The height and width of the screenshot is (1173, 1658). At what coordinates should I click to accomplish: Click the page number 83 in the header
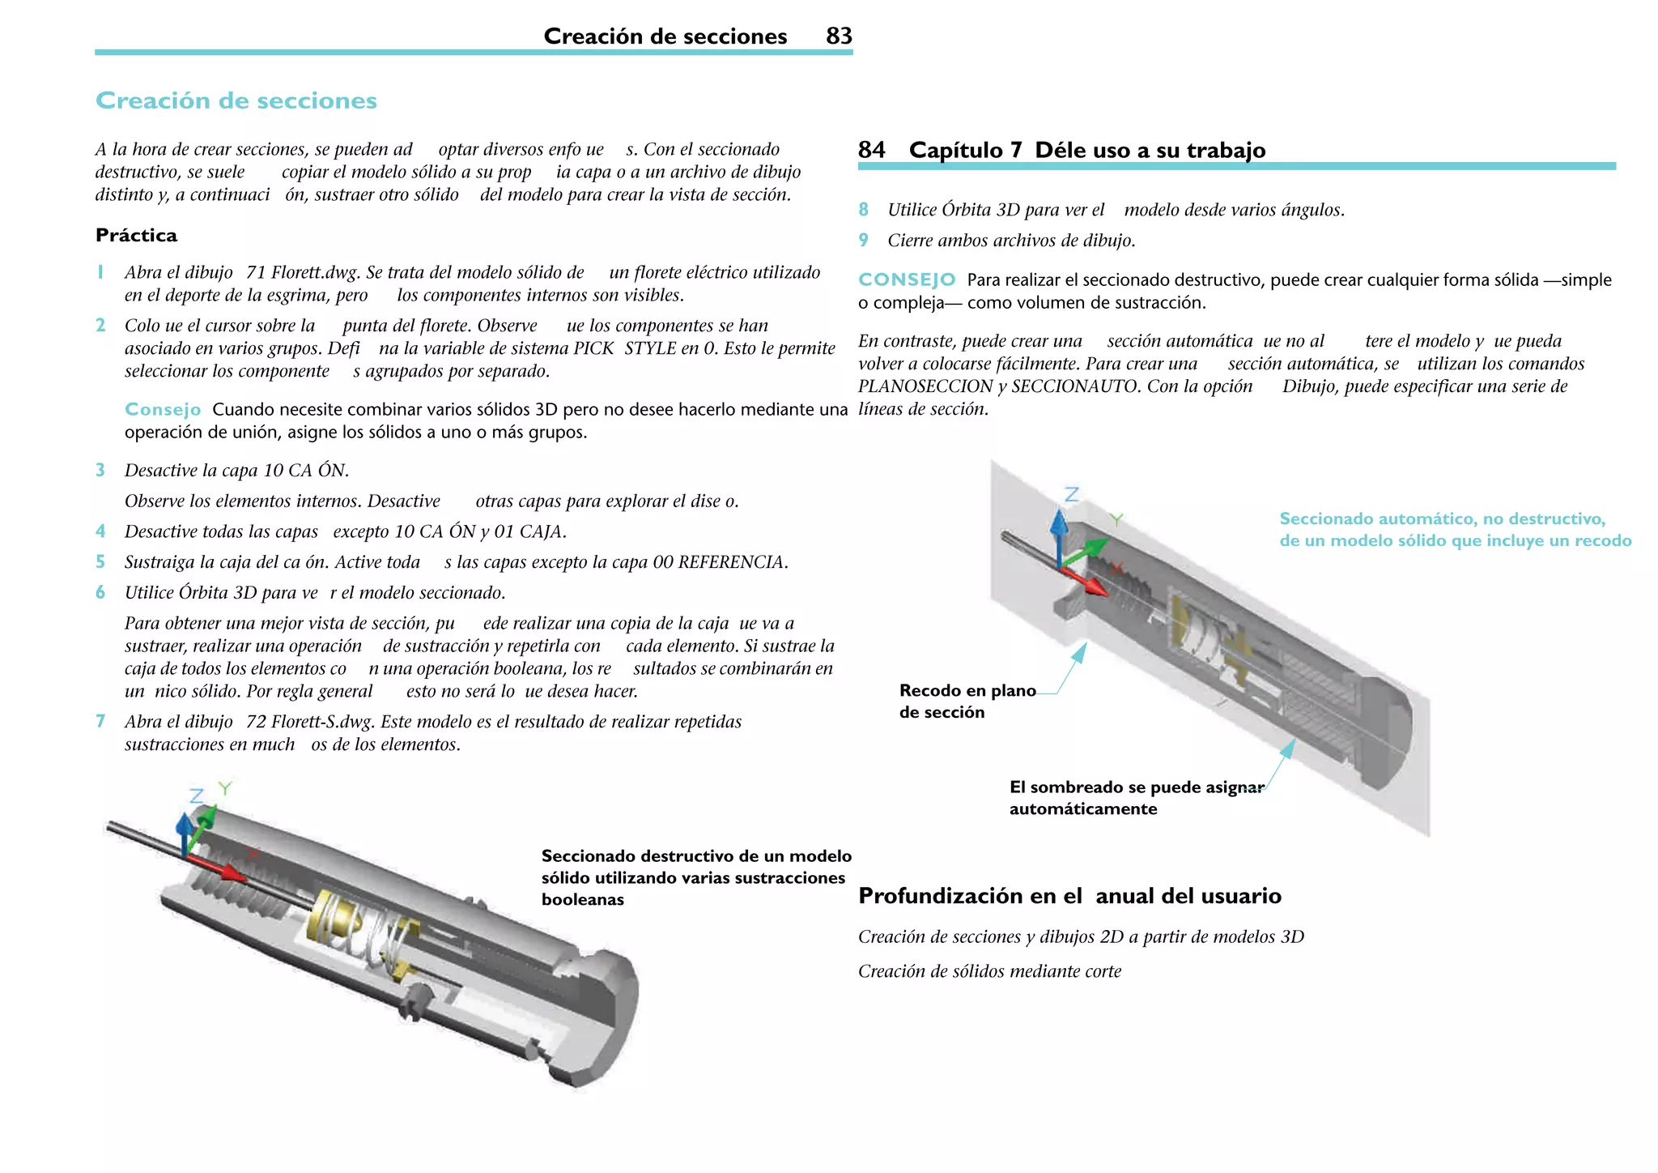click(839, 36)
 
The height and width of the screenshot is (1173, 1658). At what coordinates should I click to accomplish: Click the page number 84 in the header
click(871, 150)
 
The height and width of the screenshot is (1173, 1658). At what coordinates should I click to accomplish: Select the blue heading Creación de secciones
click(236, 100)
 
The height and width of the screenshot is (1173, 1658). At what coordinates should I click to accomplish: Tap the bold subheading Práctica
click(136, 235)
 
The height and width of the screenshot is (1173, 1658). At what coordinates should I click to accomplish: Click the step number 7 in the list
click(100, 721)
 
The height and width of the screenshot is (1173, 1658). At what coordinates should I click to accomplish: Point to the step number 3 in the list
click(100, 470)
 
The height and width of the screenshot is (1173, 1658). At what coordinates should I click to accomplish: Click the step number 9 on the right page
click(864, 240)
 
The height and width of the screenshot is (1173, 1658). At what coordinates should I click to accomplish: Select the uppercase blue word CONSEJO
click(907, 279)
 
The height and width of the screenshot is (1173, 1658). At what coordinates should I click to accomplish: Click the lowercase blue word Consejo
click(163, 409)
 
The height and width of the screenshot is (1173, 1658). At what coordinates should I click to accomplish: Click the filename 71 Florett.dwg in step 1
click(304, 272)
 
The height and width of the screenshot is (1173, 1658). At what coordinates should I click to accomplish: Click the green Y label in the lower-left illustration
click(225, 787)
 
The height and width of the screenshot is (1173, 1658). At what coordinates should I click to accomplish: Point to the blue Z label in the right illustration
click(1072, 494)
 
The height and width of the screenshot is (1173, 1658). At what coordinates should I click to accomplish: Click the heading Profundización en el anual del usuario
click(1069, 896)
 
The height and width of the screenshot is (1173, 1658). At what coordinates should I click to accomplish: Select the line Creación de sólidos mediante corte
click(989, 971)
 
